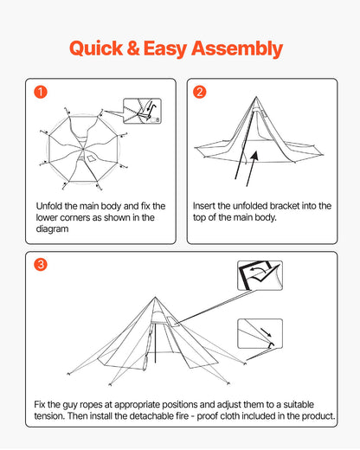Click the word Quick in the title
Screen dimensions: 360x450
pos(96,48)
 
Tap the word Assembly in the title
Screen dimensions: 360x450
pos(237,49)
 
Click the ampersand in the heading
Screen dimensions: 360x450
pos(133,48)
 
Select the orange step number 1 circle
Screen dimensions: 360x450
pos(41,92)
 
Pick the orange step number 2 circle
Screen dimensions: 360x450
pos(200,92)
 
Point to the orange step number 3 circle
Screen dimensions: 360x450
pos(41,264)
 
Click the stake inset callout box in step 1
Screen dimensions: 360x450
pos(142,111)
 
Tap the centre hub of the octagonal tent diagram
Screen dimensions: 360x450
pos(83,149)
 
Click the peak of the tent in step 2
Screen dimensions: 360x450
pos(256,97)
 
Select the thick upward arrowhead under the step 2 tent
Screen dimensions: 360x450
pos(254,155)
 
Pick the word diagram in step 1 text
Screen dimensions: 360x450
pos(52,229)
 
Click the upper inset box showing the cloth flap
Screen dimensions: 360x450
pos(260,275)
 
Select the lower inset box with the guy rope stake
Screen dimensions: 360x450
pos(260,333)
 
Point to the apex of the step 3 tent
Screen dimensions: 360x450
pos(155,297)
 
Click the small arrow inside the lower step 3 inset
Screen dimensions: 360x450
pos(266,332)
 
